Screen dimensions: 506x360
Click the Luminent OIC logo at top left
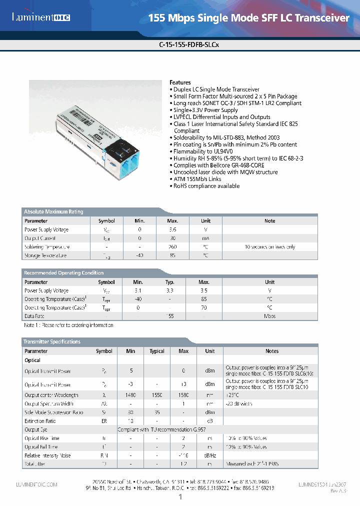(x=41, y=17)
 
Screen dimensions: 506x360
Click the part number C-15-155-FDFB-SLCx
(x=189, y=44)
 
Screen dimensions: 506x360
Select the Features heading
(x=180, y=82)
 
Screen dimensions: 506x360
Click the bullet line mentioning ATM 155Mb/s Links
(x=197, y=179)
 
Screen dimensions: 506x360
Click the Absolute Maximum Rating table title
(x=53, y=212)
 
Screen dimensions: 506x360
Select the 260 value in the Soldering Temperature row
(x=172, y=247)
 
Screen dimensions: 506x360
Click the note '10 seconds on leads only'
(x=269, y=247)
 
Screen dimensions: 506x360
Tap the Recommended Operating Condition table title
(x=63, y=273)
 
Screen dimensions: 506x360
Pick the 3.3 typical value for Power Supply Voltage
(x=170, y=290)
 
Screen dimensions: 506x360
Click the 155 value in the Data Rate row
(x=170, y=316)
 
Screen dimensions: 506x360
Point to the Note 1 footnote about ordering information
(x=68, y=325)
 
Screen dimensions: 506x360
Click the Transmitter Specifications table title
(x=51, y=342)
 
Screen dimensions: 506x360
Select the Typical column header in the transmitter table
(x=157, y=351)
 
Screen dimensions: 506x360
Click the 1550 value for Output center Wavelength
(x=157, y=395)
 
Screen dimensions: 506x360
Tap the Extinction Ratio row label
(x=40, y=421)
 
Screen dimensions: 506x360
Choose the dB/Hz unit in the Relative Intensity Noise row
(x=210, y=455)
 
